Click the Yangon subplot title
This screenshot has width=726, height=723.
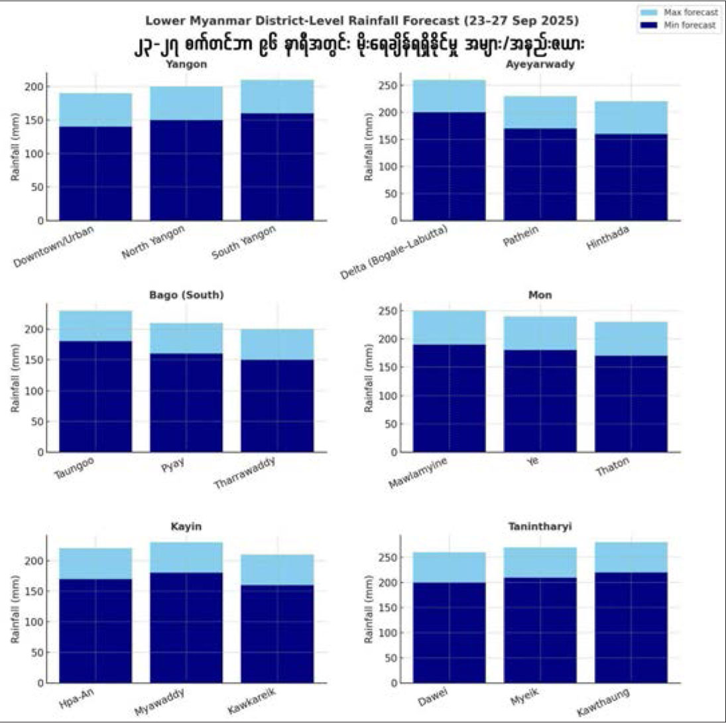click(x=186, y=64)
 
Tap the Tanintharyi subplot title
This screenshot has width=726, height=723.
click(x=540, y=526)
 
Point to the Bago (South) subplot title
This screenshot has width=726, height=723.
click(x=186, y=295)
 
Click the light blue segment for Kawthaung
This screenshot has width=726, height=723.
click(x=631, y=557)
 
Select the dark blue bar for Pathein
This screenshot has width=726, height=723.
click(x=540, y=174)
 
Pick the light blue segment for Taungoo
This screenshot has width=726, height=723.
click(x=95, y=326)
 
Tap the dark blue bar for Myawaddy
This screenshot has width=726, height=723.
click(x=186, y=627)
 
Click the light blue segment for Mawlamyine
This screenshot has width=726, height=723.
click(x=449, y=328)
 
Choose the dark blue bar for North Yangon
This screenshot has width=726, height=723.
click(x=186, y=170)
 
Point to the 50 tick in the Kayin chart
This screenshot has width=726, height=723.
click(x=41, y=653)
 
